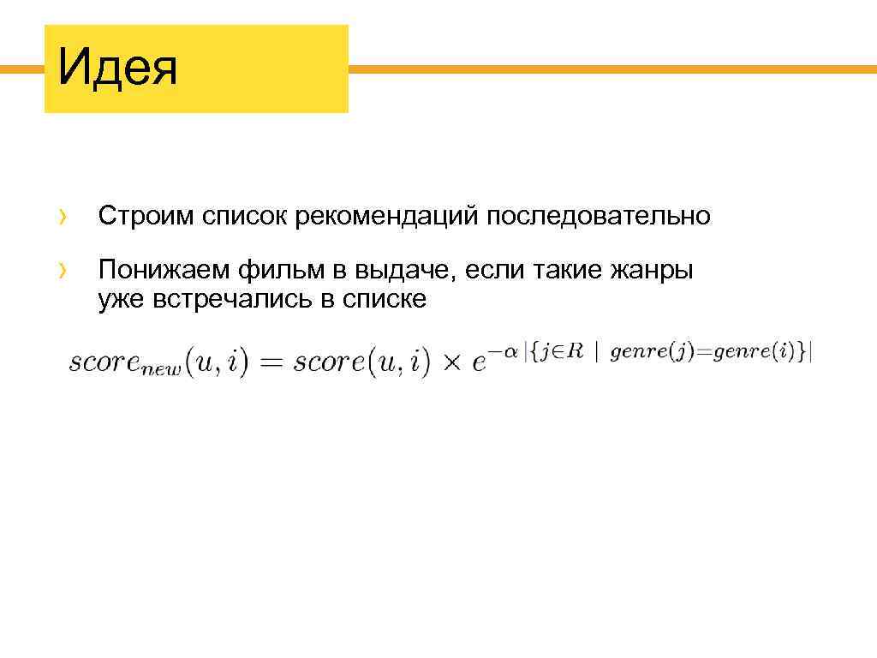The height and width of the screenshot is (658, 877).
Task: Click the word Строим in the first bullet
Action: tap(146, 216)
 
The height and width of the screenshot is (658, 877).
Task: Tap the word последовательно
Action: tap(600, 216)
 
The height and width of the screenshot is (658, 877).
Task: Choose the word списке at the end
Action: tap(384, 300)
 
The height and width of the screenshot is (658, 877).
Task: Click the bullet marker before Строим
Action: tap(63, 217)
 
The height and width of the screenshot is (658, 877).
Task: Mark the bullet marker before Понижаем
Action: tap(63, 272)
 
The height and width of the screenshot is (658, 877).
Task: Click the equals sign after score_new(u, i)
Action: tap(271, 362)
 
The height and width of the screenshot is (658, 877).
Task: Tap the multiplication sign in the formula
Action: tap(451, 363)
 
